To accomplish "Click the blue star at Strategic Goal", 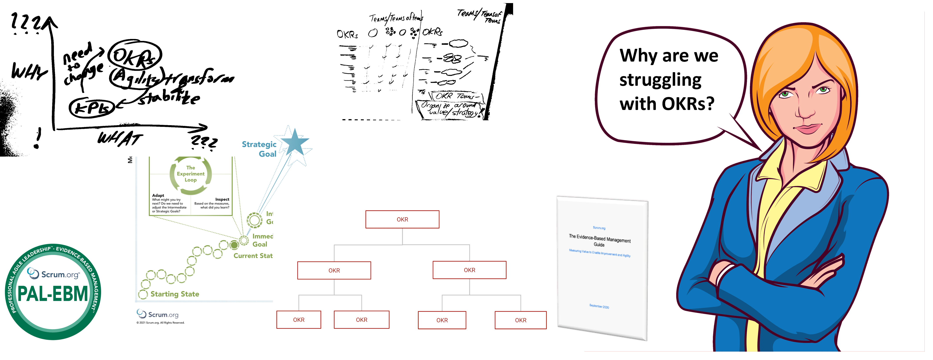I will [x=294, y=142].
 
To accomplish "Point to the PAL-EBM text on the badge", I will [x=53, y=294].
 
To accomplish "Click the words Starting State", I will [x=175, y=294].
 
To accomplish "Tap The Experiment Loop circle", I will [x=191, y=174].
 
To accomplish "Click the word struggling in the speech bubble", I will [x=660, y=80].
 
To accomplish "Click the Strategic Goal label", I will [x=259, y=149].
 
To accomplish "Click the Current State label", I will [x=253, y=256].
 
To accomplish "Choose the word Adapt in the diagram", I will [x=158, y=195].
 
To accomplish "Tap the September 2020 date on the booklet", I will [x=599, y=306].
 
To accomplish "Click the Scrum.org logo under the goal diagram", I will [x=158, y=314].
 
